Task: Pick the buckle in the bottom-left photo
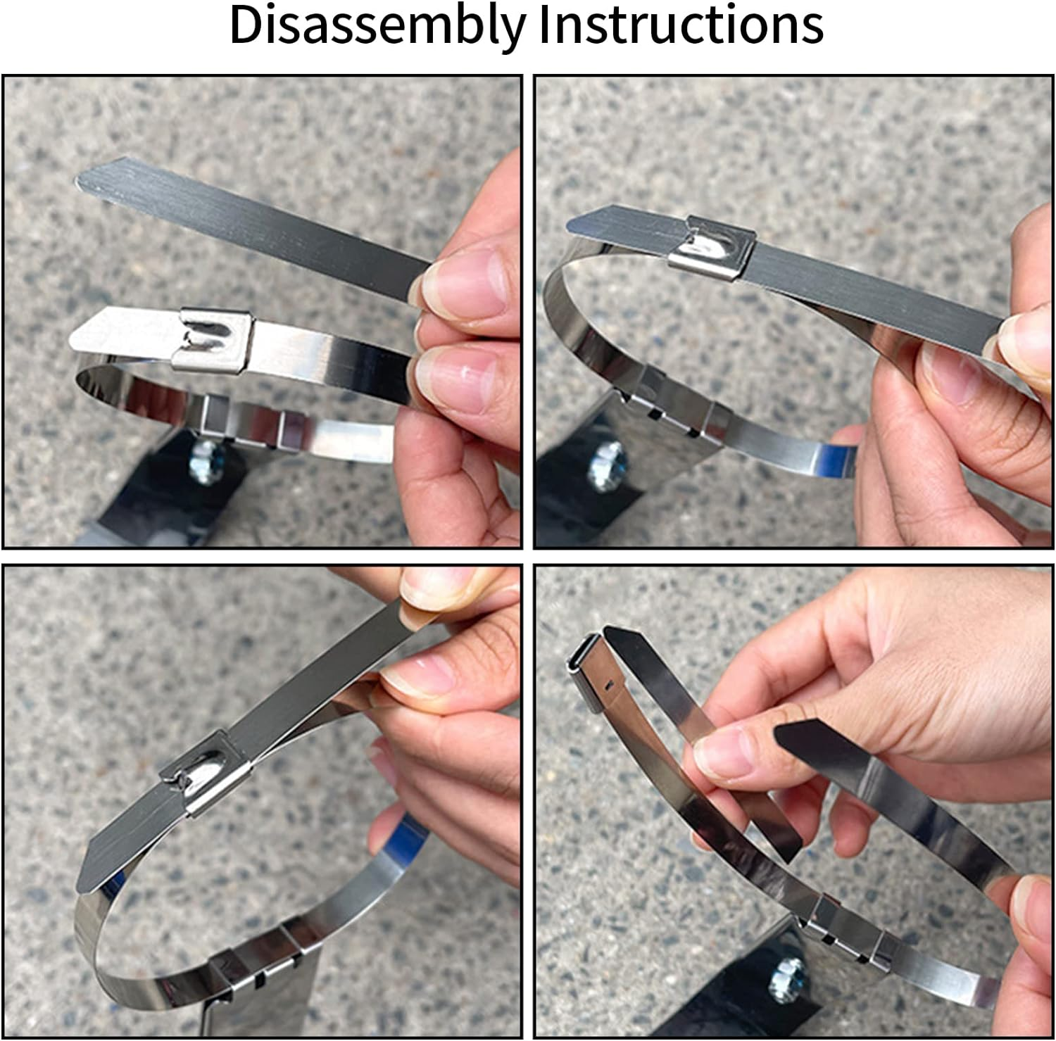pos(204,772)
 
